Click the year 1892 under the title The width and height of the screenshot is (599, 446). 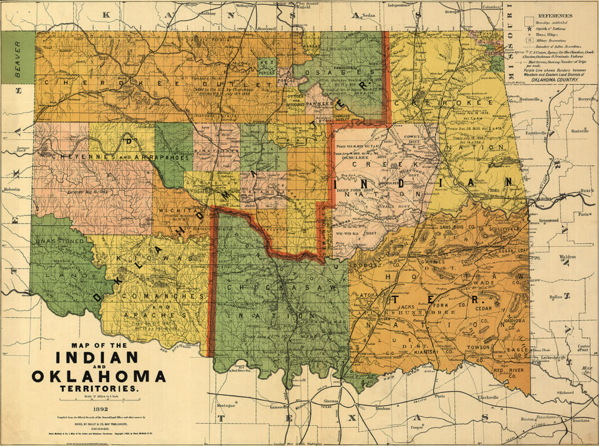98,409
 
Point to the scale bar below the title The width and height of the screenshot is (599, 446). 98,399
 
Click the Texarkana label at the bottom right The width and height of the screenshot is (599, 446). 581,420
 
